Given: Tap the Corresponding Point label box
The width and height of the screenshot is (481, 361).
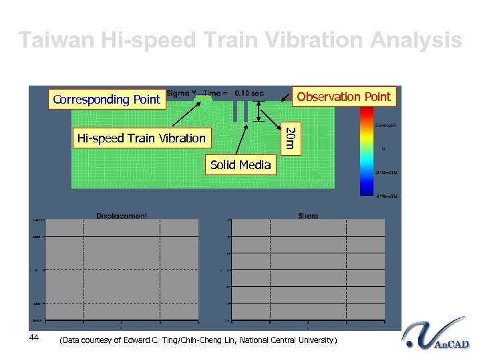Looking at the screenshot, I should pyautogui.click(x=107, y=100).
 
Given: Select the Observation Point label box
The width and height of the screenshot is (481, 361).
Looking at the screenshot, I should pyautogui.click(x=343, y=97).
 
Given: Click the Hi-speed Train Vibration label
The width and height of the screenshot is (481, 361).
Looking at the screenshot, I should pyautogui.click(x=142, y=138).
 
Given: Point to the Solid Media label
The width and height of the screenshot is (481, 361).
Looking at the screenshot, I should pyautogui.click(x=240, y=165).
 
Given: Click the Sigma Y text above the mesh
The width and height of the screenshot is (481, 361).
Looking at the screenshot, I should pyautogui.click(x=182, y=93).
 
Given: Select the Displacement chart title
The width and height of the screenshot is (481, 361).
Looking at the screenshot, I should pyautogui.click(x=122, y=216).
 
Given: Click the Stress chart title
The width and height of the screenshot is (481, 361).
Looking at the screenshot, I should pyautogui.click(x=308, y=216).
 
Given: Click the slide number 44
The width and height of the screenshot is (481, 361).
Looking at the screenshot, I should pyautogui.click(x=34, y=338).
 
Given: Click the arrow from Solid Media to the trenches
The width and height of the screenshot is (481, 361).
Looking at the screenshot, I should pyautogui.click(x=245, y=140).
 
